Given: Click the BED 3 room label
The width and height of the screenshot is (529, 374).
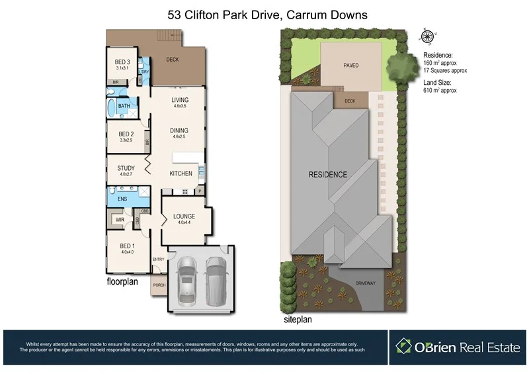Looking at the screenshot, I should pos(122,62).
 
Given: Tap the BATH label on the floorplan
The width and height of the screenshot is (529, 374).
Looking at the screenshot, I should pos(124,106).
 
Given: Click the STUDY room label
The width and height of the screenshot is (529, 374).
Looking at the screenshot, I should pos(126,168).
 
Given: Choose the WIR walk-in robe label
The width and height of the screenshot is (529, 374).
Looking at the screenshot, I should pos(120,218).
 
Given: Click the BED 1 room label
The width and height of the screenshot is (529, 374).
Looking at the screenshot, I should pos(127,245).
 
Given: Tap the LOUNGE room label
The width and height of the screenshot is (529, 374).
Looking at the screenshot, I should pos(183,216).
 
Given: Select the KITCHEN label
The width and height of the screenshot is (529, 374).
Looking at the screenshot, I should pos(181,173).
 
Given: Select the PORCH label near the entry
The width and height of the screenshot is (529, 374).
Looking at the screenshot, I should pos(159,285).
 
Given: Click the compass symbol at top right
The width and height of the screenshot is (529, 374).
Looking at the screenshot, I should pos(428,37).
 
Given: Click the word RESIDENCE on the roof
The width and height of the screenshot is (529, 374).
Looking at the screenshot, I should pos(327,175).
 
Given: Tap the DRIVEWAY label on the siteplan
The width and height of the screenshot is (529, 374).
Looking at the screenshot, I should pos(364,283).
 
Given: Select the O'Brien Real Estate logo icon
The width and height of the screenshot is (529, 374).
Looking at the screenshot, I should pos(405,347).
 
